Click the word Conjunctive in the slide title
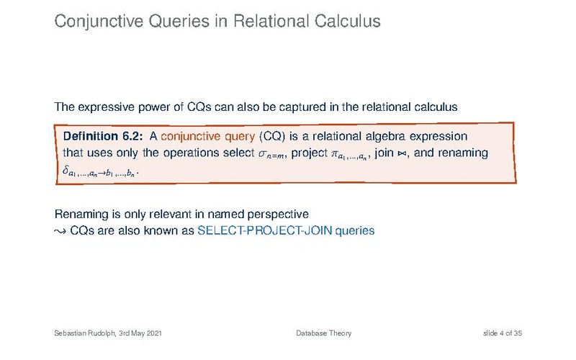pyautogui.click(x=99, y=22)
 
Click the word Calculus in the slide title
pyautogui.click(x=347, y=21)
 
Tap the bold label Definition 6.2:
pyautogui.click(x=103, y=136)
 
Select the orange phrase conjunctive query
pyautogui.click(x=207, y=137)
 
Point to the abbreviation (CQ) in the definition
pyautogui.click(x=272, y=137)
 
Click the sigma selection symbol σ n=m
pyautogui.click(x=271, y=154)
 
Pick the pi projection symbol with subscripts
pyautogui.click(x=349, y=155)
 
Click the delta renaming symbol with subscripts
pyautogui.click(x=99, y=171)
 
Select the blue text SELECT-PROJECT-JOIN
pyautogui.click(x=265, y=230)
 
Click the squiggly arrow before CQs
pyautogui.click(x=60, y=231)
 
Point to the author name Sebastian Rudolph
pyautogui.click(x=85, y=333)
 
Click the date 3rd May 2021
pyautogui.click(x=140, y=333)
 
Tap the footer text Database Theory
pyautogui.click(x=323, y=333)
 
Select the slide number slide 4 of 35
pyautogui.click(x=502, y=333)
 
